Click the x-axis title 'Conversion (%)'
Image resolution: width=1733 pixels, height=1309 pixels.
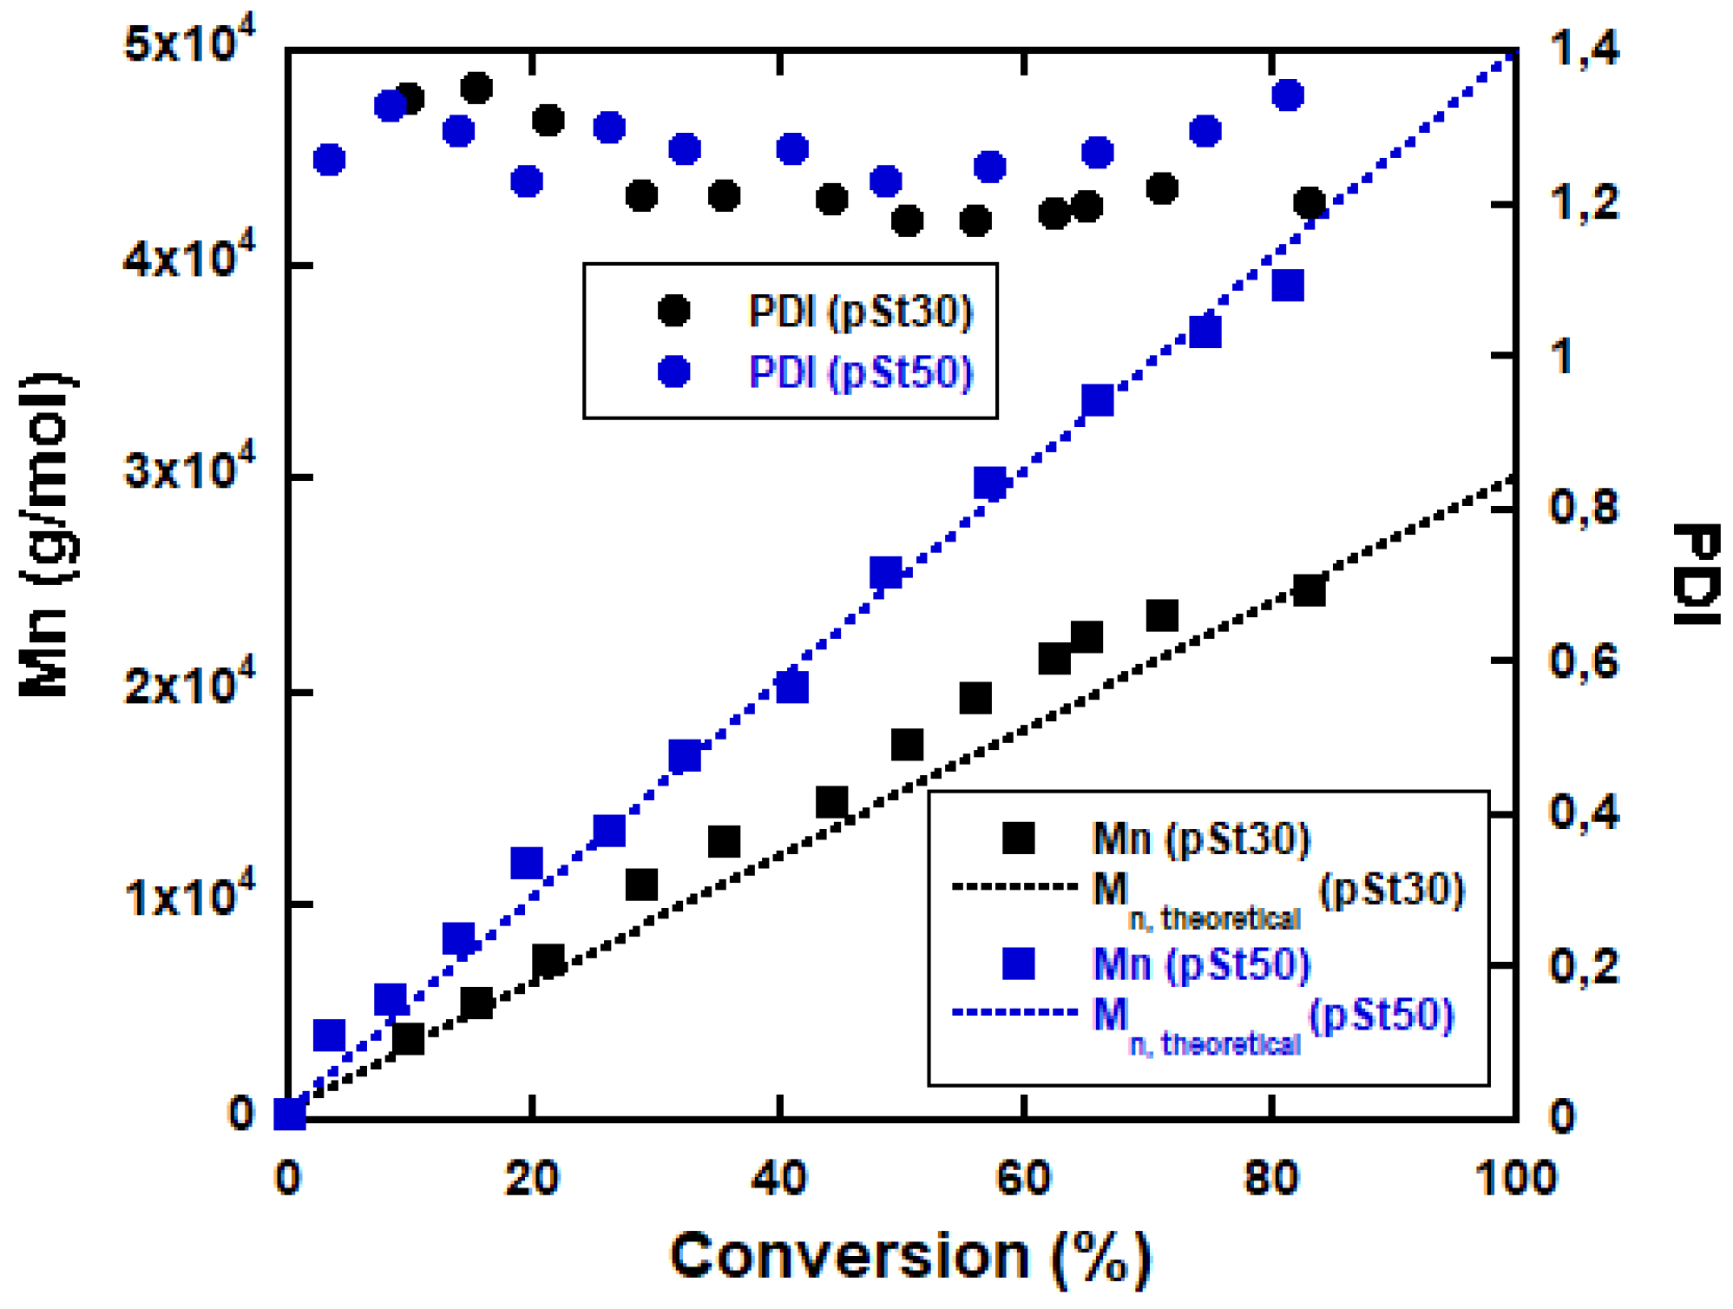pos(909,1255)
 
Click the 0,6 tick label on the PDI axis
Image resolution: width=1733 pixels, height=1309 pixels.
pos(1585,661)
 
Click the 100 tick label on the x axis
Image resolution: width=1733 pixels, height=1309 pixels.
pos(1515,1179)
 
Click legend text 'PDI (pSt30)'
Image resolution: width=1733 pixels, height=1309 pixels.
pos(860,311)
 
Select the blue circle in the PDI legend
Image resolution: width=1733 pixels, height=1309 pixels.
pos(674,372)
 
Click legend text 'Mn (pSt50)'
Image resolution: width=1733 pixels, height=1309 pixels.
pos(1200,964)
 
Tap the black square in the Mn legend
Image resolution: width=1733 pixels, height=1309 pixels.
pos(1018,838)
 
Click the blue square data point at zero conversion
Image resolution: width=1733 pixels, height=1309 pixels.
pos(290,1114)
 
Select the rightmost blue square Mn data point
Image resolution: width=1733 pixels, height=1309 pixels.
pos(1288,286)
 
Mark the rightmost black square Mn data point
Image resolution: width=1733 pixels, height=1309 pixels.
pos(1309,590)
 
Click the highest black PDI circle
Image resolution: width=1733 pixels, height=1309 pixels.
pos(477,88)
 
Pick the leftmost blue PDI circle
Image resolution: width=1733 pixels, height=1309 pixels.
pos(329,160)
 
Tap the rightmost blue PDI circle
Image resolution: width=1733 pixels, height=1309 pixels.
pos(1288,95)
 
